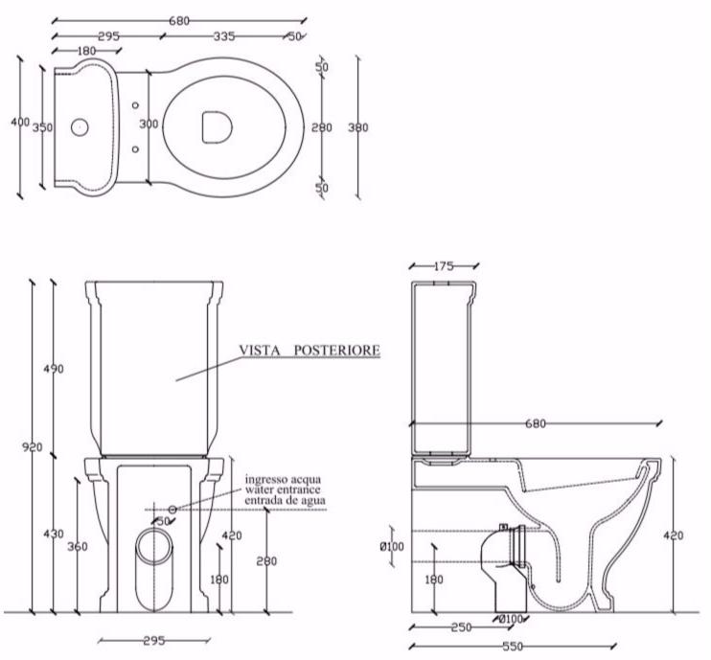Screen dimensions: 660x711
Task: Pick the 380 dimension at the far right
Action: tap(357, 126)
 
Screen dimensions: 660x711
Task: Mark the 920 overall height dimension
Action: tap(32, 446)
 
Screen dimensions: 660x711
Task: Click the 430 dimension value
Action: tap(54, 534)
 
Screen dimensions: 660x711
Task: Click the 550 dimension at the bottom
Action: tap(509, 647)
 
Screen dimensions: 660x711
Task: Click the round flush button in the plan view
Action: tap(81, 125)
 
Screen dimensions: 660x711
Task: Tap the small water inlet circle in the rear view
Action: tap(172, 509)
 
